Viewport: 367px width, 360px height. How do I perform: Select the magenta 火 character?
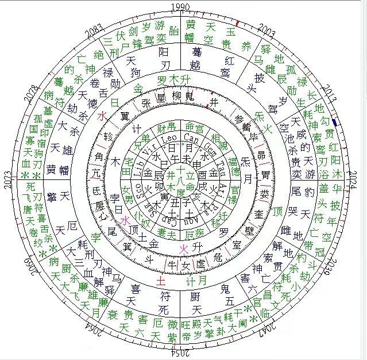tap(184, 248)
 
